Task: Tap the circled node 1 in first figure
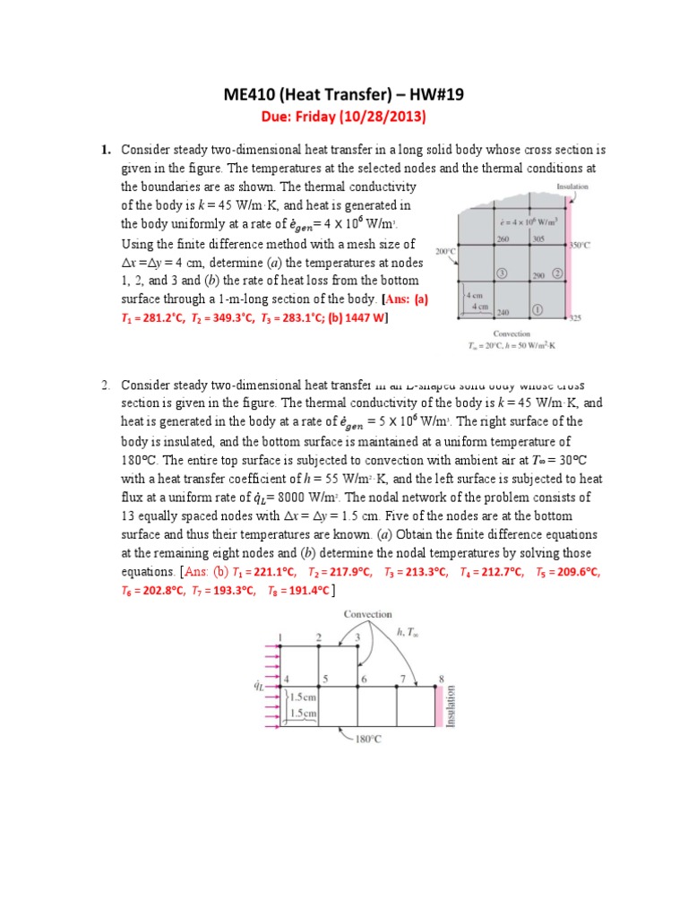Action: coord(537,309)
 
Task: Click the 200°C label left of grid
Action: coord(446,252)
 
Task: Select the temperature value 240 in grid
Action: coord(503,313)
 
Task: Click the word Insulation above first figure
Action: coord(572,187)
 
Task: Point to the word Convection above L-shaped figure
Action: coord(367,614)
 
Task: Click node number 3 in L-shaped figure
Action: coord(357,637)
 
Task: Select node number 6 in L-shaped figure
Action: coord(364,679)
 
